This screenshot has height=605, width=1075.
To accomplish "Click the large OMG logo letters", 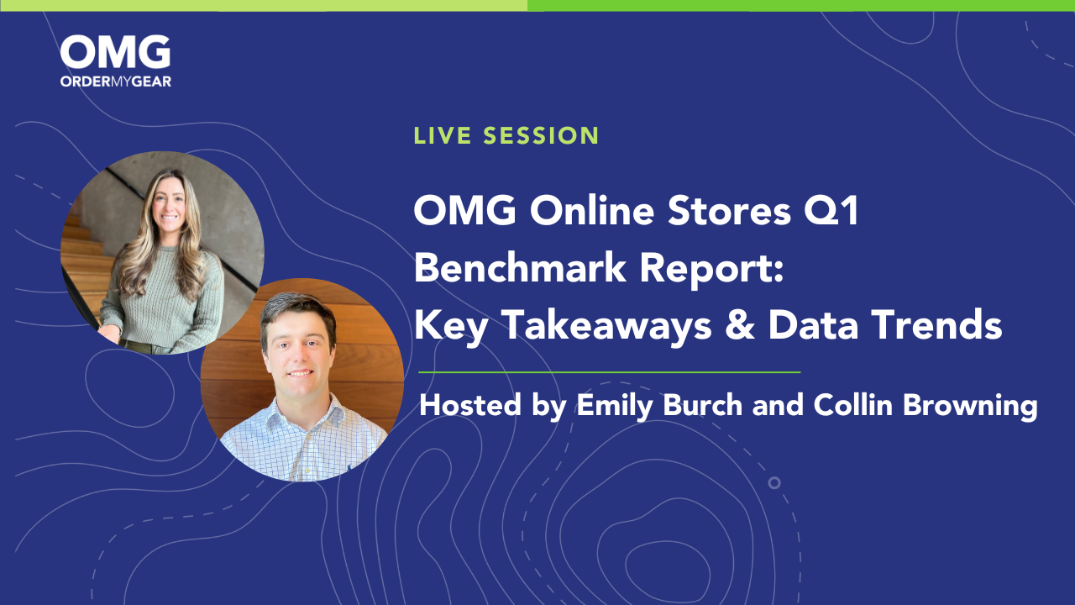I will [115, 52].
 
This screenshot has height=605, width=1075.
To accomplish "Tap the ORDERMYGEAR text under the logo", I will [115, 81].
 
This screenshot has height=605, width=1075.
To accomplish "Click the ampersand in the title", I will [726, 326].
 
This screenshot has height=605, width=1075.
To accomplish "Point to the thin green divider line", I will [609, 371].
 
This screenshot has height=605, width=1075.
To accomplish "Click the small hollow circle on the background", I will [774, 482].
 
